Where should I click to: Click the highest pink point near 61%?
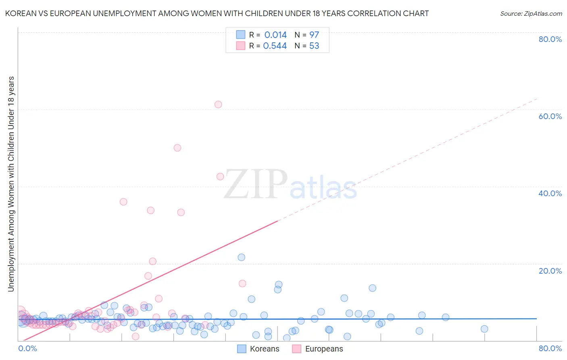(x=218, y=105)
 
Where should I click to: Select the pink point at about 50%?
(x=177, y=148)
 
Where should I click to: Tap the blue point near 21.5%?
(x=242, y=257)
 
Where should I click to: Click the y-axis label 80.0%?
(x=550, y=39)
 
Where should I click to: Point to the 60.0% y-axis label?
(x=550, y=116)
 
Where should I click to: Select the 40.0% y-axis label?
(x=550, y=193)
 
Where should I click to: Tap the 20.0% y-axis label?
(x=550, y=270)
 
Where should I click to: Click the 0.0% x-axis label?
(x=27, y=348)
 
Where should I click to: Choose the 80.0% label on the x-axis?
(x=550, y=348)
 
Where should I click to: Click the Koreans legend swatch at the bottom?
(x=242, y=349)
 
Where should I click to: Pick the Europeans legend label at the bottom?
(x=324, y=349)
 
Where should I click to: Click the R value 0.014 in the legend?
(x=275, y=35)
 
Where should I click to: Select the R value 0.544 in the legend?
(x=275, y=46)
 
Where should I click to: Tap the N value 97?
(x=314, y=35)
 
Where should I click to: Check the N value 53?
(x=314, y=46)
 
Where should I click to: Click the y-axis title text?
(x=11, y=184)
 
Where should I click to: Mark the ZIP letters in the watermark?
(x=255, y=184)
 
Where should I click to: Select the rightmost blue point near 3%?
(x=484, y=329)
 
